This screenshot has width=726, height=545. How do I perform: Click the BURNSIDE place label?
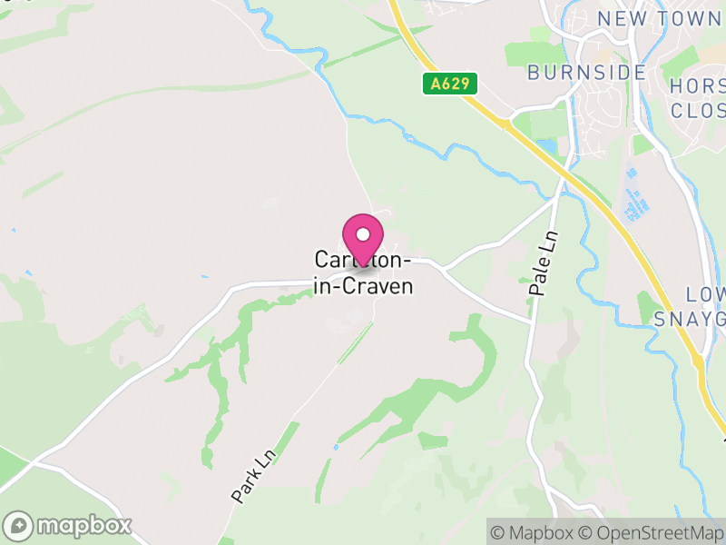(x=587, y=73)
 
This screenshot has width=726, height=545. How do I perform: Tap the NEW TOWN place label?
(x=658, y=19)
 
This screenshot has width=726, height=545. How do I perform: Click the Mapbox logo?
(x=69, y=525)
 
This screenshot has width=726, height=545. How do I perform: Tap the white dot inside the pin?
(x=363, y=234)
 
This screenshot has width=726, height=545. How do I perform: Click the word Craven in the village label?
(x=380, y=286)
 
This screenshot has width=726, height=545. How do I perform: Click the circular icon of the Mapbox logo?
(x=18, y=525)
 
